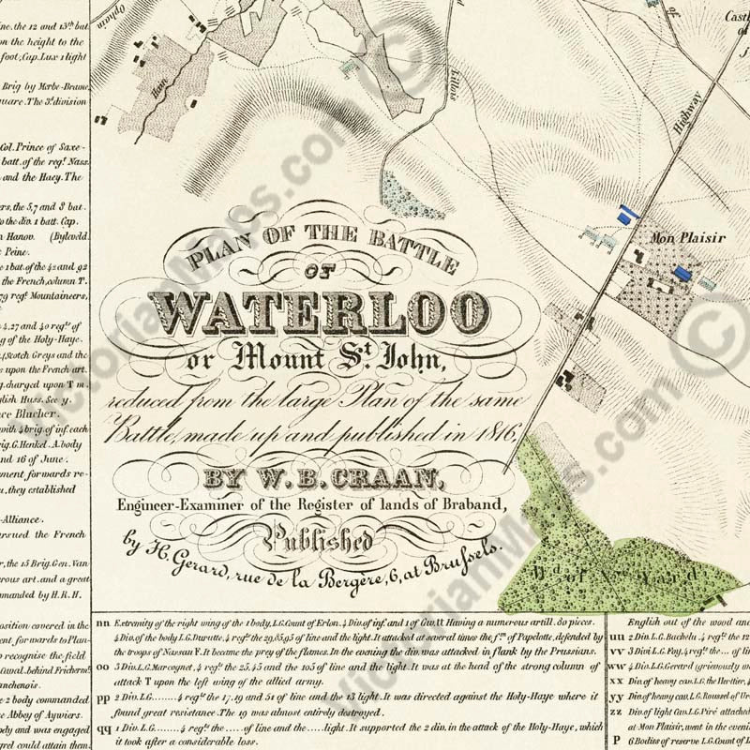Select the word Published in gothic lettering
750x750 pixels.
323,542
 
